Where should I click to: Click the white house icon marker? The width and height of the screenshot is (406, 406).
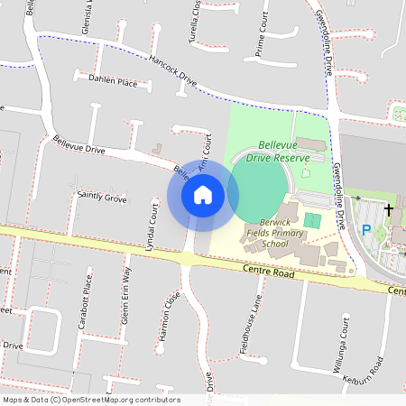[x=203, y=194]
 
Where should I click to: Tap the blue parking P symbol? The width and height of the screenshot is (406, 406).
[x=366, y=230]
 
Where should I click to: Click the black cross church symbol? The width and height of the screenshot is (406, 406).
[x=389, y=210]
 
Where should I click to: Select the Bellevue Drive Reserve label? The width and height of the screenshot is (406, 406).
[x=283, y=151]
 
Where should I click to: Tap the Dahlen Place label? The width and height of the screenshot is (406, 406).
[x=114, y=81]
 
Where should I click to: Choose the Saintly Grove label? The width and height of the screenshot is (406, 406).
[x=102, y=196]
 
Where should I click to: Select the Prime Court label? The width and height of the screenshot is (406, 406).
[x=262, y=36]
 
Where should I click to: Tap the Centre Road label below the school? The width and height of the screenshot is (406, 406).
[x=269, y=271]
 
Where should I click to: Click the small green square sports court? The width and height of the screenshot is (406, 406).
[x=312, y=220]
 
